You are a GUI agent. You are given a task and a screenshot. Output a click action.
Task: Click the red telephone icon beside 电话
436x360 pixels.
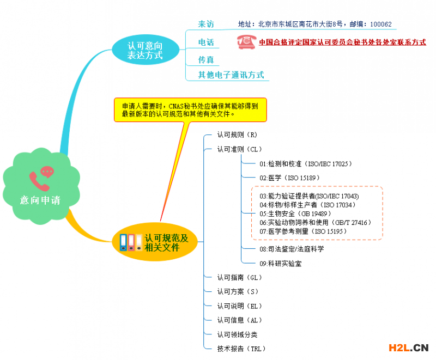pos(246,42)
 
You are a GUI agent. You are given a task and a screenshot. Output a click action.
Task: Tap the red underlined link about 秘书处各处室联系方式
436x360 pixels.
pos(342,42)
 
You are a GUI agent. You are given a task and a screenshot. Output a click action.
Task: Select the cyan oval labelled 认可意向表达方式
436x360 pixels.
pos(146,50)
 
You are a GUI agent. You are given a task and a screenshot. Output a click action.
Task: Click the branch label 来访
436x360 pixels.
pos(206,24)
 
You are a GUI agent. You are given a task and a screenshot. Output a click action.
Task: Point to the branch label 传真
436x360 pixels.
pos(206,60)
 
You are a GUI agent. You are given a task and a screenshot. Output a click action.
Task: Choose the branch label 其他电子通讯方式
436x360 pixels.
pos(231,75)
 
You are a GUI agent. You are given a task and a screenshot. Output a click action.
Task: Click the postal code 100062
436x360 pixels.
pos(380,25)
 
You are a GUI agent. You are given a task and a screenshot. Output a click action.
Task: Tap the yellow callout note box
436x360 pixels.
pos(190,109)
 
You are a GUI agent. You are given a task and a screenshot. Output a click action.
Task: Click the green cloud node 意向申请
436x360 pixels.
pos(41,186)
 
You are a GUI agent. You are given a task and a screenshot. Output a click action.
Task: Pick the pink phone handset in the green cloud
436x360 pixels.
pos(39,181)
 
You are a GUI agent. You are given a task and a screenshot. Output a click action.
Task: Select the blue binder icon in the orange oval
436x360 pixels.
pos(123,242)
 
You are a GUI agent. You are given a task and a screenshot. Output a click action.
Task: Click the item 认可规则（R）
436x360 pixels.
pos(237,135)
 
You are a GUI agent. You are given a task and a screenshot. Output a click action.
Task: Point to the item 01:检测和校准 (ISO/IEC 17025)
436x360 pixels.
pos(306,164)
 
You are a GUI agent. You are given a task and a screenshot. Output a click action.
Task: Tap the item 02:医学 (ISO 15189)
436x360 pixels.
pos(289,178)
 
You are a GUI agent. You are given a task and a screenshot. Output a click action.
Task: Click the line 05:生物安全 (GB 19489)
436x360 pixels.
pos(295,213)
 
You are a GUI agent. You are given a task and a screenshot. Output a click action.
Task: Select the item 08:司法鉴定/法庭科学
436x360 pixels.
pos(292,249)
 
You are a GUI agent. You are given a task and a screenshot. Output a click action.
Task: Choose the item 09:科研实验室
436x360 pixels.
pos(281,264)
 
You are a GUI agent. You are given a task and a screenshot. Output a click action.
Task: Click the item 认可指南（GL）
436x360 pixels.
pos(239,278)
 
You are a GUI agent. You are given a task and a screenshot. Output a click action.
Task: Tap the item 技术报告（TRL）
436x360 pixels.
pos(241,349)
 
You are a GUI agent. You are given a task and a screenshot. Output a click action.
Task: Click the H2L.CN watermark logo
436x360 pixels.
pos(408,348)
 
